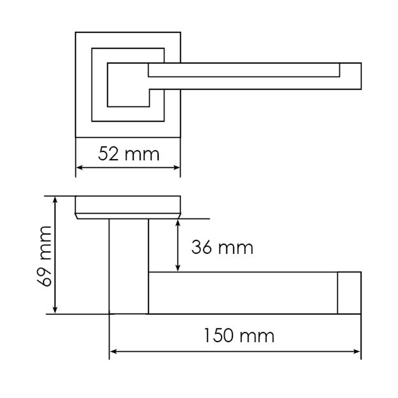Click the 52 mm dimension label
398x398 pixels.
(129, 154)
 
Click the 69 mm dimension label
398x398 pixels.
(44, 256)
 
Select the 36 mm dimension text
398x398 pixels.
(222, 248)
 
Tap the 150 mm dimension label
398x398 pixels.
(239, 336)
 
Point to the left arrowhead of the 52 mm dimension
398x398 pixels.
(79, 167)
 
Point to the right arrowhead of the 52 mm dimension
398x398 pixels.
(177, 167)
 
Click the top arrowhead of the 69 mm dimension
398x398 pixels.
(55, 200)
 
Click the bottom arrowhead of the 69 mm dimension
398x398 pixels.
(55, 310)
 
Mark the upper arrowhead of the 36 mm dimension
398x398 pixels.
(178, 223)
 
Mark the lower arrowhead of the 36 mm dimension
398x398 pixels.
(178, 268)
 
